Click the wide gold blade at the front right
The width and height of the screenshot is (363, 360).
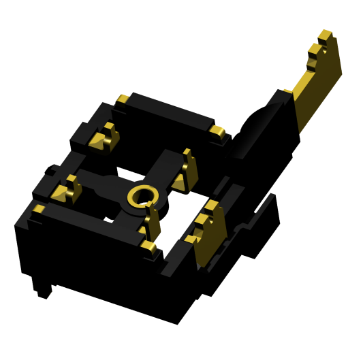208,238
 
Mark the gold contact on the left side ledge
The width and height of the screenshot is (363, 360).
71,190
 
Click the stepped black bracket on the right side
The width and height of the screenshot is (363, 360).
262,225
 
